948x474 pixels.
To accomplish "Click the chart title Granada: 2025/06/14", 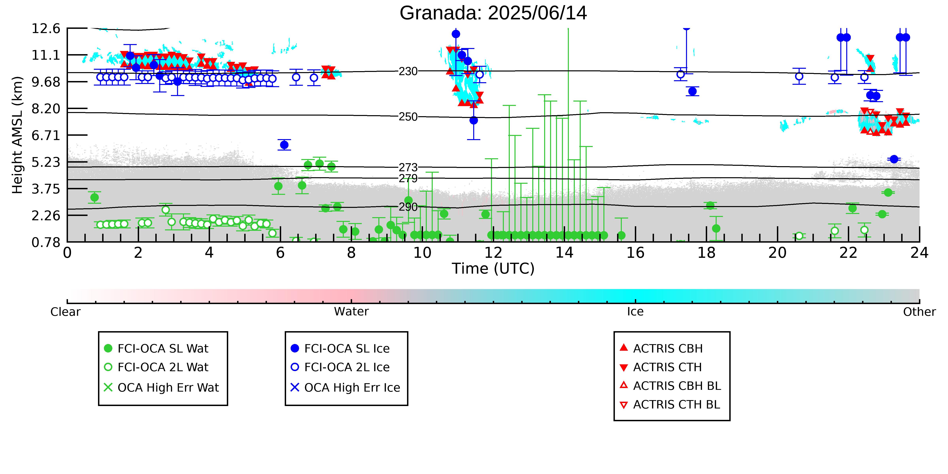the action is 493,13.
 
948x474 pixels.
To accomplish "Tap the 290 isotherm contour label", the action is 408,207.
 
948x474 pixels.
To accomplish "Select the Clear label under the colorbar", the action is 66,312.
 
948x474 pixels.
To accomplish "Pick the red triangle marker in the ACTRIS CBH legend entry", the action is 624,347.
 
